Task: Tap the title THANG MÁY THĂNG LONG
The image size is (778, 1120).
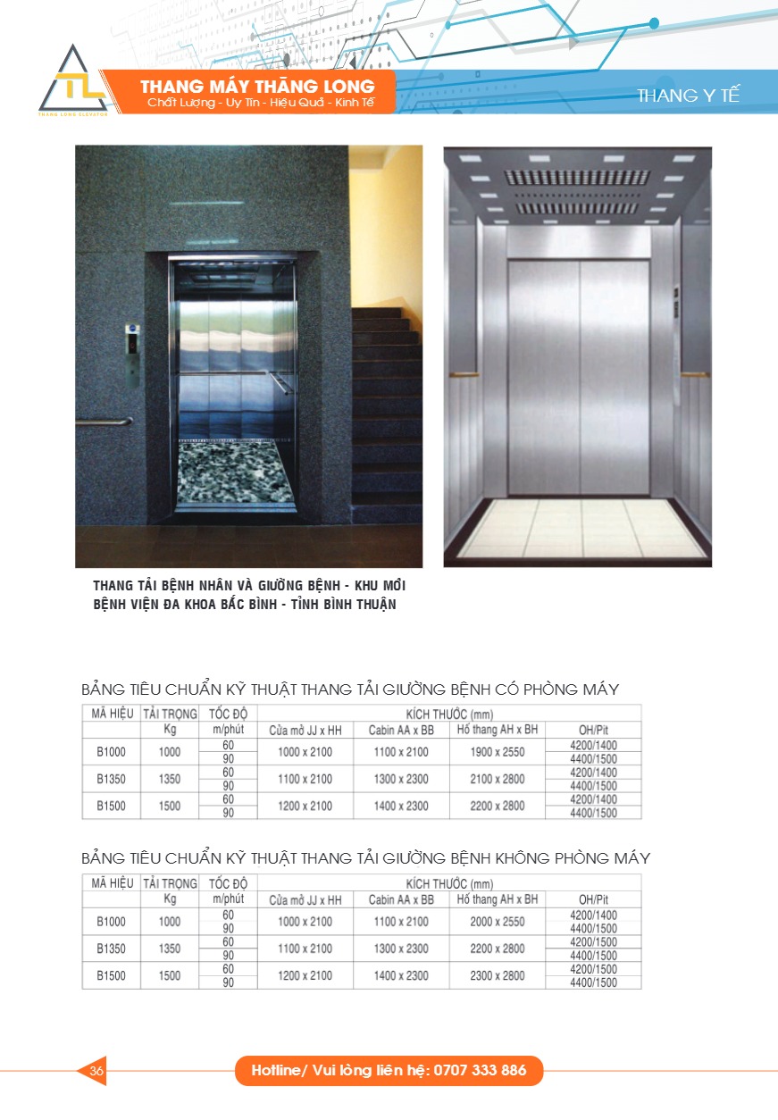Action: pyautogui.click(x=257, y=87)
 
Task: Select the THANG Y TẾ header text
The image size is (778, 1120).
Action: pyautogui.click(x=688, y=96)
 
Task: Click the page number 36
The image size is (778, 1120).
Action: pyautogui.click(x=96, y=1070)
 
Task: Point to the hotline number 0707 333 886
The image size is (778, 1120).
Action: pyautogui.click(x=481, y=1070)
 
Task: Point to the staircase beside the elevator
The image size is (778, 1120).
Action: pyautogui.click(x=386, y=402)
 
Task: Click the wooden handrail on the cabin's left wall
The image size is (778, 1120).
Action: pyautogui.click(x=464, y=372)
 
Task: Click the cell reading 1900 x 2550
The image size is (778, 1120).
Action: pyautogui.click(x=497, y=752)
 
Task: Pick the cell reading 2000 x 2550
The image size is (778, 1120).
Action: pyautogui.click(x=497, y=922)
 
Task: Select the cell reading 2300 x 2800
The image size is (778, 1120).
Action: pyautogui.click(x=497, y=975)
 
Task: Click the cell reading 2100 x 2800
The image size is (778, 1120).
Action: pyautogui.click(x=497, y=779)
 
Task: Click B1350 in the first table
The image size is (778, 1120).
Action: pyautogui.click(x=111, y=779)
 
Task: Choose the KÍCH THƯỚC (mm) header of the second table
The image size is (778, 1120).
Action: pyautogui.click(x=448, y=883)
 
